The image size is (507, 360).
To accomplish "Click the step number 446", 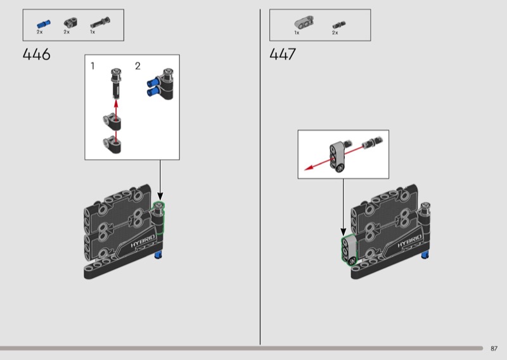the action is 37,55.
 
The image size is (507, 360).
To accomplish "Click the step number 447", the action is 283,55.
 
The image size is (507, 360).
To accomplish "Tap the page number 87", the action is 494,349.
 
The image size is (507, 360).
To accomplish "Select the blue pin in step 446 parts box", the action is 43,24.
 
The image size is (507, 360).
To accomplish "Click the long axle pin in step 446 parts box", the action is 100,23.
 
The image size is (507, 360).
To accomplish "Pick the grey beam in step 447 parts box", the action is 304,23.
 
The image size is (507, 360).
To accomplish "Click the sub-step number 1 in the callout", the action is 93,66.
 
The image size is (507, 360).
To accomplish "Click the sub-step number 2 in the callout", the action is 138,66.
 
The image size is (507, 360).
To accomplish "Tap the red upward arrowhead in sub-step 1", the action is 116,103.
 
